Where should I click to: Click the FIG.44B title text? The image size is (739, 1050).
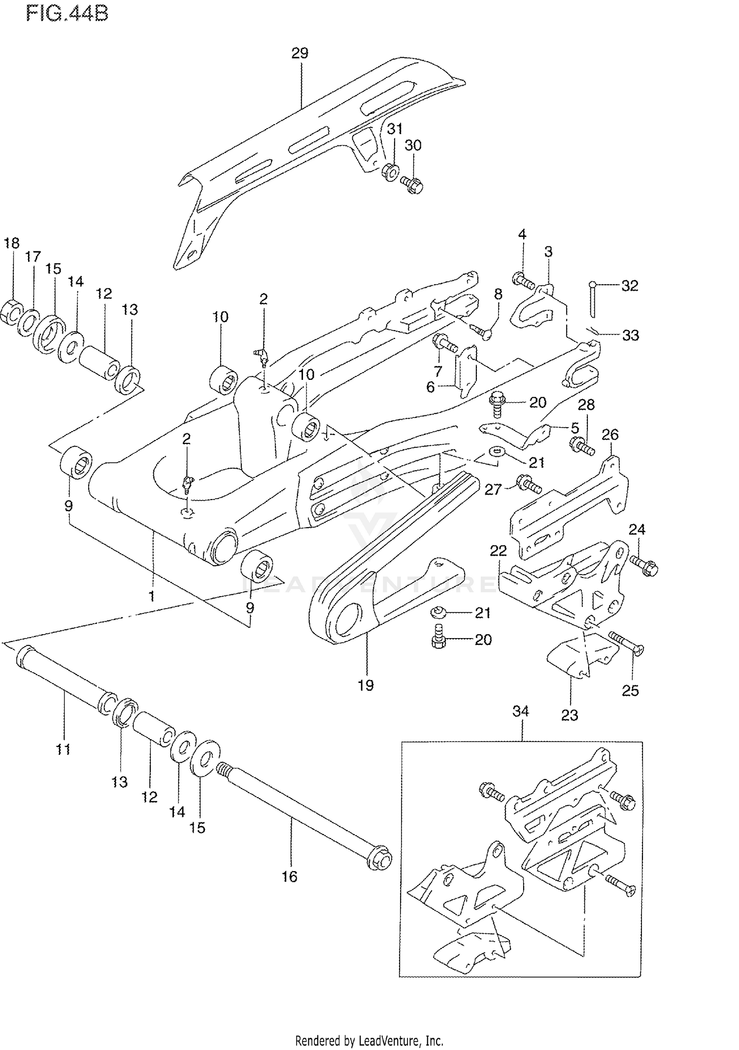pos(67,13)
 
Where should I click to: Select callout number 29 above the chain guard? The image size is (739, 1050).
pos(300,53)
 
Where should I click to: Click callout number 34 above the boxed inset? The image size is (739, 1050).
pos(521,711)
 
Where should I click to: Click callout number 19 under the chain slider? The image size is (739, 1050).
pos(366,685)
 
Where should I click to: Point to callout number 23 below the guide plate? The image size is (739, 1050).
pos(570,715)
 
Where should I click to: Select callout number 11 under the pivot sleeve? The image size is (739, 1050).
pos(63,749)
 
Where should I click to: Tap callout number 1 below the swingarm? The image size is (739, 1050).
pos(152,596)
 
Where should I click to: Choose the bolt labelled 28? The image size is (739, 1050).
pos(582,446)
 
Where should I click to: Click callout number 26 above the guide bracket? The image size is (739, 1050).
pos(610,435)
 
